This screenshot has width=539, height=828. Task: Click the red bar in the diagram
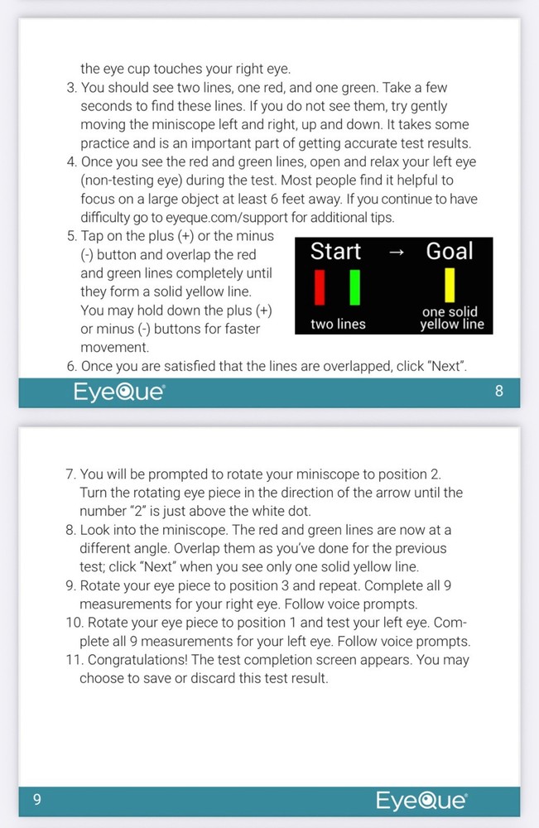(x=320, y=287)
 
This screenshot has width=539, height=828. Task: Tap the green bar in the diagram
(x=354, y=287)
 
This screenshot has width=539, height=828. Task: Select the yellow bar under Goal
(x=450, y=285)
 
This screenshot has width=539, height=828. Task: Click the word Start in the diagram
(x=336, y=252)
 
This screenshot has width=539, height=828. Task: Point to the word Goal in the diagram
(x=450, y=252)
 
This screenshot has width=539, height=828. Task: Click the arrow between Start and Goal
(x=397, y=253)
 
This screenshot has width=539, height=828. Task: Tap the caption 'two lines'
(x=338, y=324)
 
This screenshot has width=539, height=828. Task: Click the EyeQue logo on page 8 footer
(x=119, y=392)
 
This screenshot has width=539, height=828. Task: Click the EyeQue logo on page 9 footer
(x=421, y=801)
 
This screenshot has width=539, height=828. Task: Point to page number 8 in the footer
(x=499, y=392)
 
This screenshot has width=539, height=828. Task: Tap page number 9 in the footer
(x=37, y=800)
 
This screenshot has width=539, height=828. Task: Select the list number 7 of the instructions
(x=70, y=474)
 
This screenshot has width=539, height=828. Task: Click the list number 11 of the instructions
(x=75, y=660)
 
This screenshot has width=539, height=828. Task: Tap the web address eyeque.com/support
(x=227, y=218)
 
